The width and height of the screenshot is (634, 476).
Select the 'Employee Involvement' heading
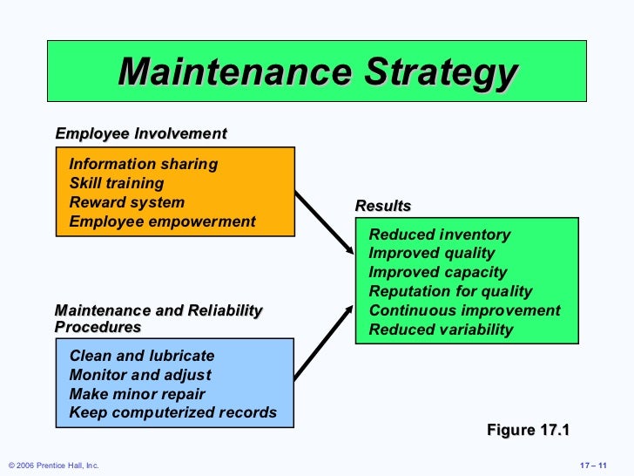point(140,134)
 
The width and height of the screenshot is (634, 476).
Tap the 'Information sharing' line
point(144,164)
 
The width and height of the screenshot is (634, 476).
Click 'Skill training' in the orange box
point(117,183)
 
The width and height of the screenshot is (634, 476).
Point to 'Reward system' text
point(127,202)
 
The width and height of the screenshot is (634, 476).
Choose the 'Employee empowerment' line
point(163,221)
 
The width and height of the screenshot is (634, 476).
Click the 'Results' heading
point(383,207)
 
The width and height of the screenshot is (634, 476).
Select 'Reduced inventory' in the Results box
point(440,235)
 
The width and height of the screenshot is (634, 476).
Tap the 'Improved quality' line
point(432,254)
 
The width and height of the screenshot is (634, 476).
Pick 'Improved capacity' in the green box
point(438,273)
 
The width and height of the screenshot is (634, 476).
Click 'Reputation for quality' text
point(450,292)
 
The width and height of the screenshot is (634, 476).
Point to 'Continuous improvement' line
point(465,311)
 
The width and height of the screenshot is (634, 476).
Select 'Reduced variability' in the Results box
point(442,330)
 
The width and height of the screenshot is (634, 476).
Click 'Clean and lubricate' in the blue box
point(142,356)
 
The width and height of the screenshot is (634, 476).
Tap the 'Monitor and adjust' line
point(140,375)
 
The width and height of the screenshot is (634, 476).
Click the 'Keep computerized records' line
point(173,413)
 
